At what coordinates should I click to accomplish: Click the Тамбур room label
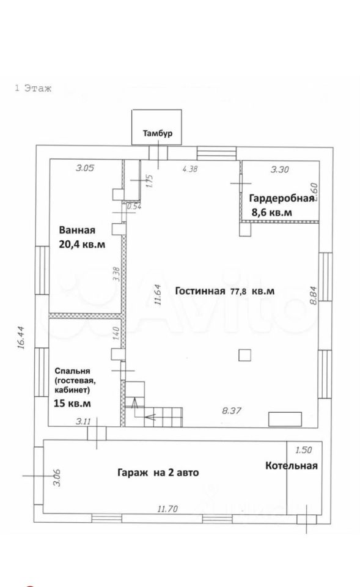coord(158,133)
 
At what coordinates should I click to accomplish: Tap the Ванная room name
coord(77,231)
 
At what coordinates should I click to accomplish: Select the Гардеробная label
coord(281,198)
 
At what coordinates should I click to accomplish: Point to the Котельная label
coord(292,465)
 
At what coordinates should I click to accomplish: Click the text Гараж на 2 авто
coord(158,473)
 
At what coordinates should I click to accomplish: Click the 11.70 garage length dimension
coord(167,509)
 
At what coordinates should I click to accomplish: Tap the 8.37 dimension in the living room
coord(232,411)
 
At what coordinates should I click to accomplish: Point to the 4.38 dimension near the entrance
coord(189,169)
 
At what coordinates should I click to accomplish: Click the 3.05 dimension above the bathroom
coord(85,168)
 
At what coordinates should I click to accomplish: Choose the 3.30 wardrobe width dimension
coord(279,169)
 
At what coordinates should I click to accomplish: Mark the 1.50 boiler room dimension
coord(304,449)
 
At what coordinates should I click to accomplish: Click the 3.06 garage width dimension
coord(57,478)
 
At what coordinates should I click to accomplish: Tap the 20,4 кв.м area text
coord(82,245)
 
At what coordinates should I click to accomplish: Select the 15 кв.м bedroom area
coord(73,404)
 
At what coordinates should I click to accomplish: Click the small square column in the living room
coord(244,355)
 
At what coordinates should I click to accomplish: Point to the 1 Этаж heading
coord(33,88)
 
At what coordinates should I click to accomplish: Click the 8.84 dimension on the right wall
coord(314,295)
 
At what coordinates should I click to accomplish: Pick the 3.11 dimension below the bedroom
coord(84,421)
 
